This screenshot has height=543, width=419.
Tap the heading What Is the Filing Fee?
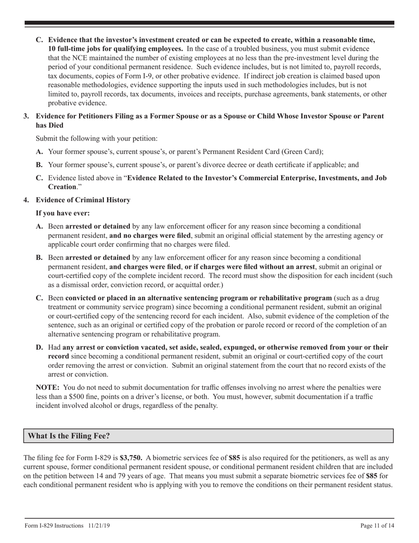coord(69,436)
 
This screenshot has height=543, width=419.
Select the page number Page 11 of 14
coord(377,525)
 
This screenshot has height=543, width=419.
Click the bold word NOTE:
coord(48,388)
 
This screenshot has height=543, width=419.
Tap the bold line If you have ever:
coord(63,213)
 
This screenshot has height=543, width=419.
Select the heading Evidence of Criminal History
coord(83,200)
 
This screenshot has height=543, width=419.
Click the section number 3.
coord(26,116)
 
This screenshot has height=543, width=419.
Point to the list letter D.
coord(39,347)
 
